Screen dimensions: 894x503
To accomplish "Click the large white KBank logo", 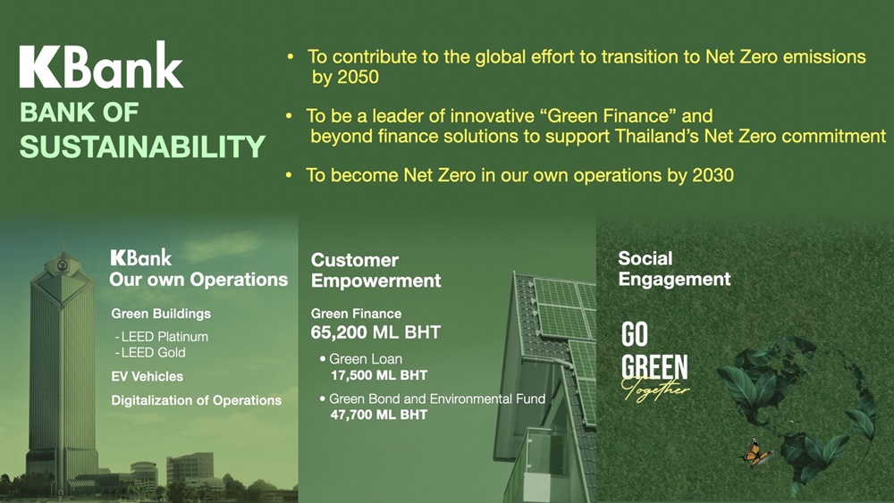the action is tap(102, 64).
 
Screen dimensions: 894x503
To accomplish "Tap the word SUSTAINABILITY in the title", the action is tap(142, 147).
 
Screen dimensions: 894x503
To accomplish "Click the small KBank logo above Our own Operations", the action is tap(141, 257).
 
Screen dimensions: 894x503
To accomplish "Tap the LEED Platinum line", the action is tap(161, 337).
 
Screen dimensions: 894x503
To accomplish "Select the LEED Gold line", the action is tap(150, 353).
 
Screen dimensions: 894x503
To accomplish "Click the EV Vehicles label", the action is tap(148, 376).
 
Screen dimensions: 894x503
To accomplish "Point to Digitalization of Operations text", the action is tap(196, 400).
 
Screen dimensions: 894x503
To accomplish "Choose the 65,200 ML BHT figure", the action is tap(375, 332).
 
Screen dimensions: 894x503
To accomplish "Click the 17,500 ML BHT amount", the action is tap(379, 375).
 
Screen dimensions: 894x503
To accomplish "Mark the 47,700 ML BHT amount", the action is tap(379, 415).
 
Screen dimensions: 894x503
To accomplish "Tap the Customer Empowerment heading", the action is tap(375, 270).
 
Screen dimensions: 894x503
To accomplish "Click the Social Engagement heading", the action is tap(674, 268).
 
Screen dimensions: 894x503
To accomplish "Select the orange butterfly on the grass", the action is tap(756, 453).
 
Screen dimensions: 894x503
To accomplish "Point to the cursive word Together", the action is tap(654, 390).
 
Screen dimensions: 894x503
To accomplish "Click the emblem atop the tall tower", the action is tap(63, 264).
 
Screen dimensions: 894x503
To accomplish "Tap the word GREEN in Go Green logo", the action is tap(654, 367).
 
